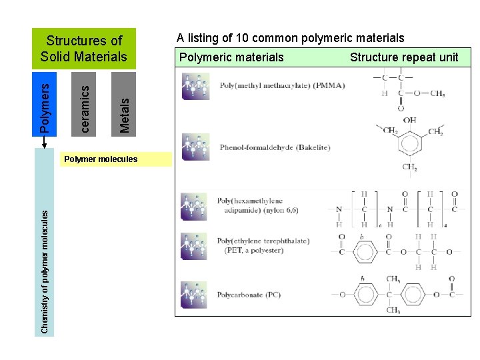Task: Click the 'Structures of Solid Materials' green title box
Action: pos(83,49)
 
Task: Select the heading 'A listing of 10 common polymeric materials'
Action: pos(290,38)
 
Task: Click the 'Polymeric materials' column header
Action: pos(231,57)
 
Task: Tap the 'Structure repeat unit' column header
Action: pos(404,57)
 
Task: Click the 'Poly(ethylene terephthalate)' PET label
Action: pos(263,245)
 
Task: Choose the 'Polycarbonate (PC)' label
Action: pos(249,295)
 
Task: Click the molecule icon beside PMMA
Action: pos(196,86)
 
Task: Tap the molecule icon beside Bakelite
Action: pos(196,147)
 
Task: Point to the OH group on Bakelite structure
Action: pos(409,121)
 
